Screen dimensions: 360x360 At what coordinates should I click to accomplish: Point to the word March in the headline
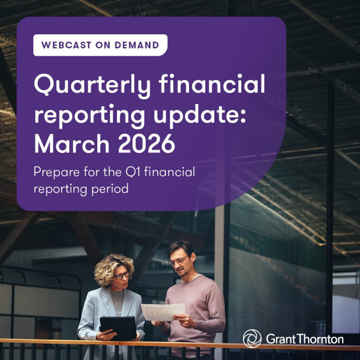tap(69, 144)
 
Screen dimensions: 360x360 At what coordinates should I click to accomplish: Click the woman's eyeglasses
tap(121, 276)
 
